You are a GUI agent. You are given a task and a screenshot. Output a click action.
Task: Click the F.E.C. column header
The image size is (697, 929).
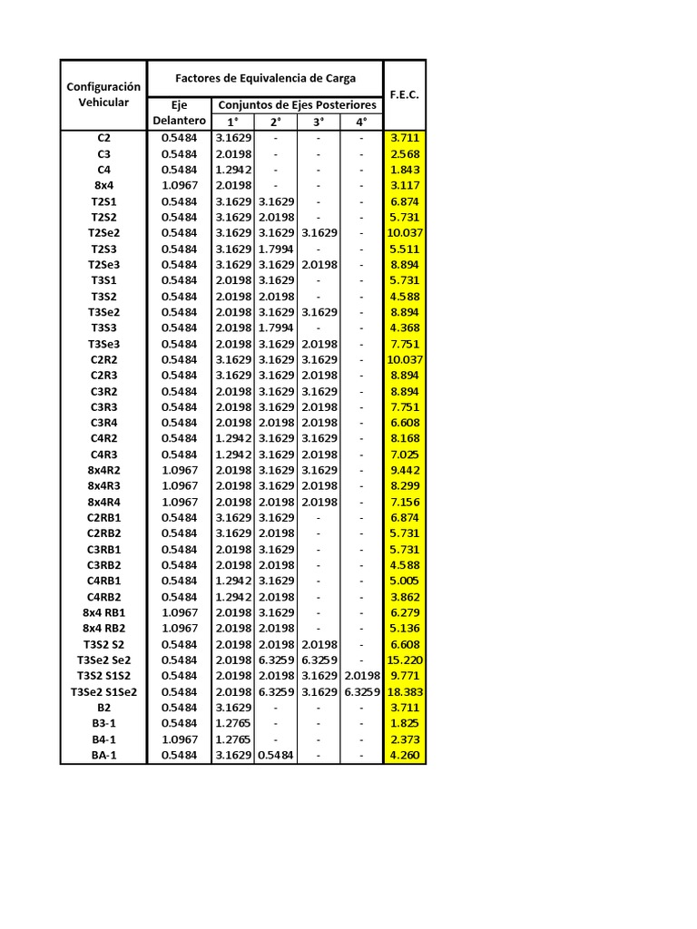click(x=404, y=94)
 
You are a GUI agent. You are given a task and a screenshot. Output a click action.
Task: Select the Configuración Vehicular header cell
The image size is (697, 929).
click(x=104, y=94)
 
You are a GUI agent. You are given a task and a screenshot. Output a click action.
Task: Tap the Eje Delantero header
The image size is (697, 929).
click(x=179, y=112)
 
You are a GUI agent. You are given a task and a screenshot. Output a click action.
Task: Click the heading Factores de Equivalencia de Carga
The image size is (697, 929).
click(x=265, y=78)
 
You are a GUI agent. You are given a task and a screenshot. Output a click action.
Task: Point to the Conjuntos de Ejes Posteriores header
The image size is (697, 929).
click(x=297, y=105)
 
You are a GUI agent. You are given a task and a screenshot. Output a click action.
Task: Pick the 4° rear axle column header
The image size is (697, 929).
click(x=361, y=122)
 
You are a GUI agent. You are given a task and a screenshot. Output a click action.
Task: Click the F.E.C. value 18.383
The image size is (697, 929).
click(x=405, y=691)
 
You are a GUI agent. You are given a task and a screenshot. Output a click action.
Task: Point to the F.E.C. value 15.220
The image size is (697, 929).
click(x=405, y=660)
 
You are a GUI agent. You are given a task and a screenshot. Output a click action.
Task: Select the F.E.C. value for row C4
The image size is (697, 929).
click(x=405, y=170)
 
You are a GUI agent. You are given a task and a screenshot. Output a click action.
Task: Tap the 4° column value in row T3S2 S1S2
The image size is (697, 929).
click(x=361, y=676)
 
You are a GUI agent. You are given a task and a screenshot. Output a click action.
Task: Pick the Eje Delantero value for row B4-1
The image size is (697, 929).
click(x=179, y=739)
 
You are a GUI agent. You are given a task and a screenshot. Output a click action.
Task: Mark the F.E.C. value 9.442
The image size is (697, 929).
click(x=405, y=470)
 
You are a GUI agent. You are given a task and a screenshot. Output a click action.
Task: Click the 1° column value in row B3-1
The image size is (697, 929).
click(x=233, y=723)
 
